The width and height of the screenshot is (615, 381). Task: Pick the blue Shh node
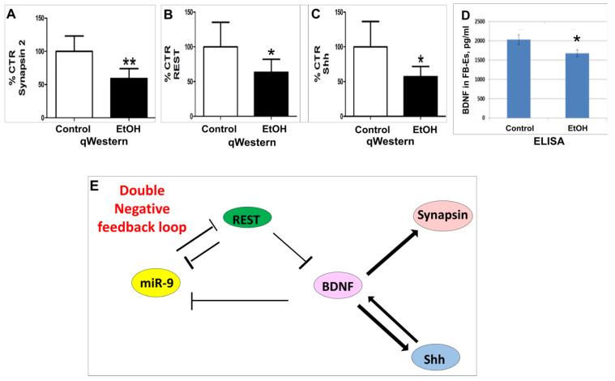click(x=435, y=357)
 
